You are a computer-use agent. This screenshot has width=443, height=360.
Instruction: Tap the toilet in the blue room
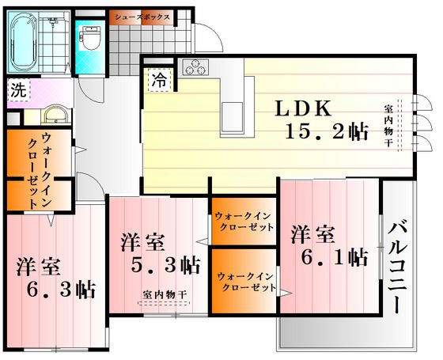91,37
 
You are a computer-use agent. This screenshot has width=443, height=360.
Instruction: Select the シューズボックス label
142,17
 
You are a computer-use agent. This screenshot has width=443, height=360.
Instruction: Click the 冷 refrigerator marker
160,80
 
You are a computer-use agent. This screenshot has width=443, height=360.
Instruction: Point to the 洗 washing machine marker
19,90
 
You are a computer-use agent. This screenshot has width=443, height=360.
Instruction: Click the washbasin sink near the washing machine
55,115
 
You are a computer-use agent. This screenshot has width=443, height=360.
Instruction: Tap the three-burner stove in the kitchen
195,67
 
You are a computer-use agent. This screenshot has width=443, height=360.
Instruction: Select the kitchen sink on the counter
233,116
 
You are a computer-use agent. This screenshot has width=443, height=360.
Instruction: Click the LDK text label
303,108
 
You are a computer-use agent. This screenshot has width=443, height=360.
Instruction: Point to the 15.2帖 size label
328,131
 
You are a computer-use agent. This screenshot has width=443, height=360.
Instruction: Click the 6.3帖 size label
61,289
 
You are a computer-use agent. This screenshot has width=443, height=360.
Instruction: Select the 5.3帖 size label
166,265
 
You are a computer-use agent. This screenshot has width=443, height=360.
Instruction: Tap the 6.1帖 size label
335,257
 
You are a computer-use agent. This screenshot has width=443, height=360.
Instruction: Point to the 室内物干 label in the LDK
388,126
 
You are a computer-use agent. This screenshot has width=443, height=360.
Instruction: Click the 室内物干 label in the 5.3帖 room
165,294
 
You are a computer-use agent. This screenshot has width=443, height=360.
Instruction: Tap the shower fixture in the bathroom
52,21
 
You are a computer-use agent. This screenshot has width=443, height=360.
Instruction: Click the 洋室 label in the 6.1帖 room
313,235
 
